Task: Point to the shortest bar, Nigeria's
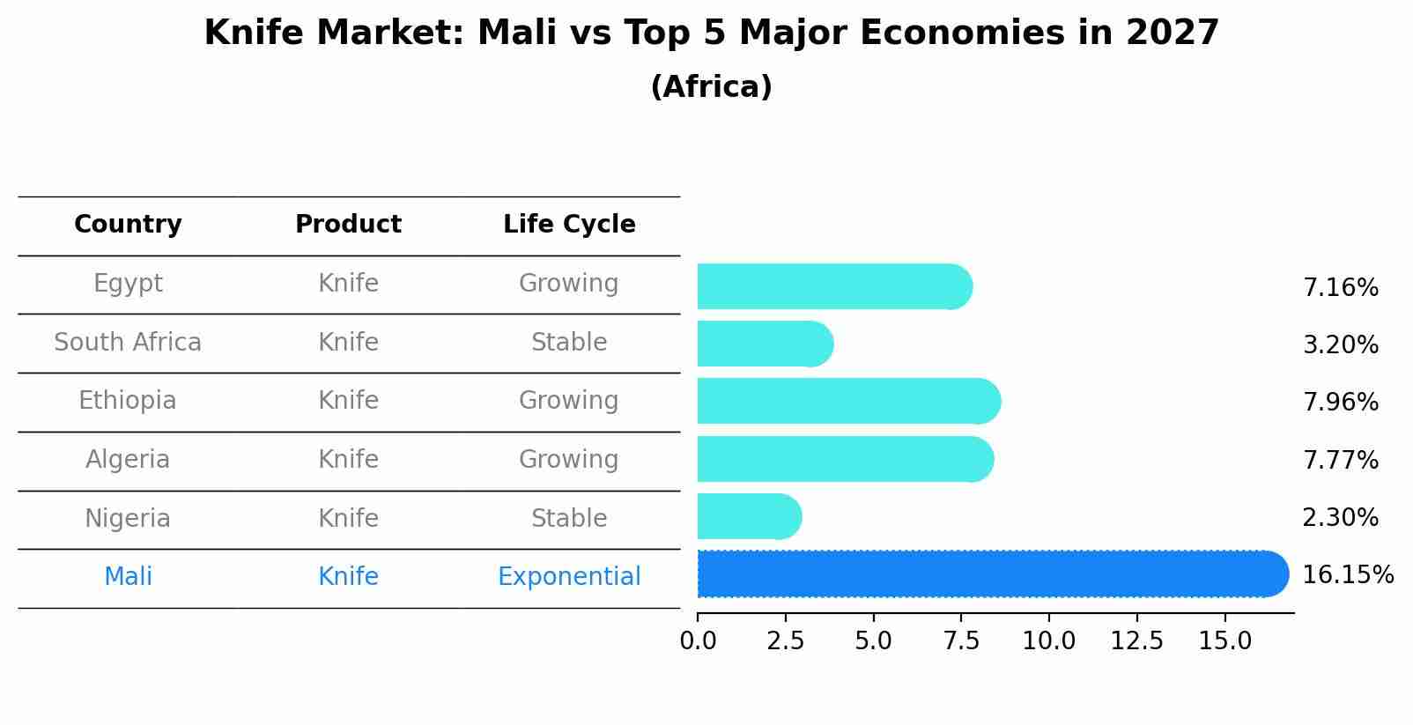click(x=748, y=517)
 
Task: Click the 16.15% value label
click(x=1347, y=575)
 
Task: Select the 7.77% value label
click(x=1340, y=460)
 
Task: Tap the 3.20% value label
click(x=1340, y=344)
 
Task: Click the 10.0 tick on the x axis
click(x=1048, y=641)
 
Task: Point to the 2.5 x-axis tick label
click(x=785, y=641)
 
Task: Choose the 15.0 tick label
click(x=1224, y=641)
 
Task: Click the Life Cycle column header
click(x=569, y=225)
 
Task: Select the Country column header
click(x=128, y=225)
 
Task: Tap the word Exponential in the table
click(x=569, y=577)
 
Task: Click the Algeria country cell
click(x=128, y=460)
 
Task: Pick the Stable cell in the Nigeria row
click(x=569, y=519)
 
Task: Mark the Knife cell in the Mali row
click(x=348, y=577)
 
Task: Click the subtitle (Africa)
click(x=711, y=87)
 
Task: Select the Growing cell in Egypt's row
click(x=569, y=284)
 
